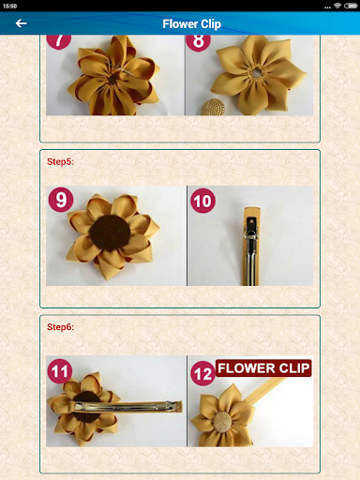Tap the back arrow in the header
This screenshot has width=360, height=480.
[21, 23]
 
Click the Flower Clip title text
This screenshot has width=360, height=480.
[191, 23]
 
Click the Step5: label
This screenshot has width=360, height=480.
[60, 161]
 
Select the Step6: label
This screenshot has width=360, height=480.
[60, 327]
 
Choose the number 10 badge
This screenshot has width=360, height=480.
[203, 200]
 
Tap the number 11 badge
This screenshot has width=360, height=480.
[61, 371]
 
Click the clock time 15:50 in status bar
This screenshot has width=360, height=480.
[10, 5]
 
